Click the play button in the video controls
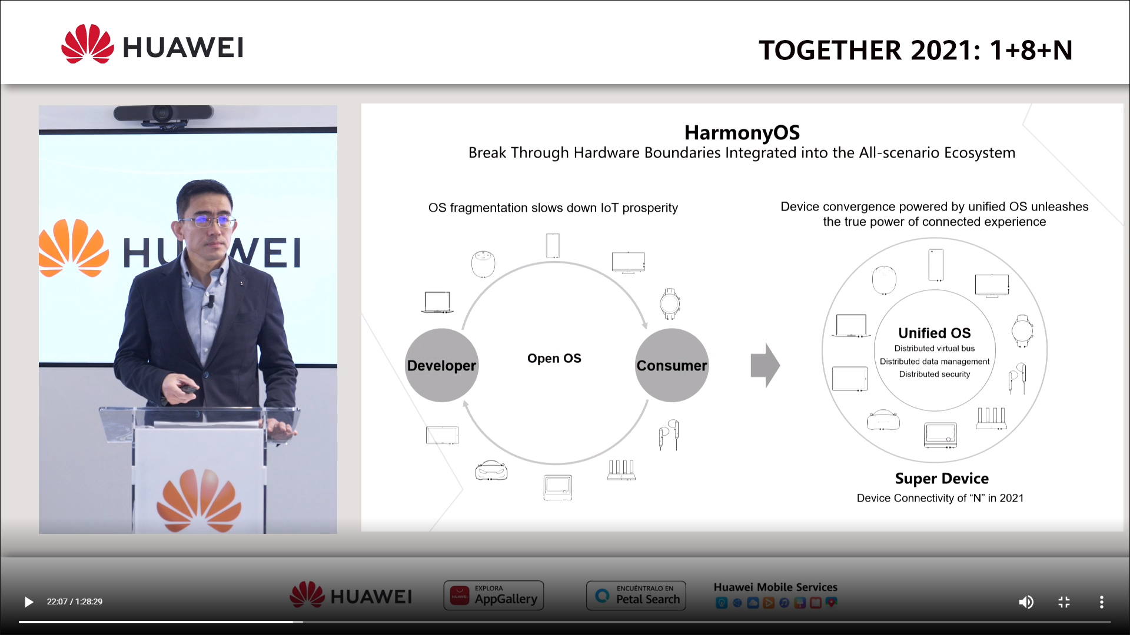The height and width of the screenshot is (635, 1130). pyautogui.click(x=28, y=601)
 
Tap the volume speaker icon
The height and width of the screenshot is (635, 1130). pyautogui.click(x=1026, y=601)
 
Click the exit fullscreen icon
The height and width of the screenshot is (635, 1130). pyautogui.click(x=1064, y=601)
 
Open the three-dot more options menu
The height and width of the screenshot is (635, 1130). pyautogui.click(x=1102, y=601)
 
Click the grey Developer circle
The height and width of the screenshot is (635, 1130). pyautogui.click(x=441, y=365)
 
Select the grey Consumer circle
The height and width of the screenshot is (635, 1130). pyautogui.click(x=672, y=365)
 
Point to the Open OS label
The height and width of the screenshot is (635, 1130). pyautogui.click(x=554, y=358)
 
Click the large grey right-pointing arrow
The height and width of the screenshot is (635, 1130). pyautogui.click(x=765, y=365)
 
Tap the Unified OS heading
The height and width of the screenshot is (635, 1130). pyautogui.click(x=935, y=333)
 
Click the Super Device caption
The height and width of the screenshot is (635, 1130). pyautogui.click(x=942, y=479)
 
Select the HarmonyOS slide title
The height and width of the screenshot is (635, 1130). pyautogui.click(x=742, y=132)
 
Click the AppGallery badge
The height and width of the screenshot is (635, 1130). pyautogui.click(x=494, y=596)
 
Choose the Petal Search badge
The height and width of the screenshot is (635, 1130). pyautogui.click(x=636, y=596)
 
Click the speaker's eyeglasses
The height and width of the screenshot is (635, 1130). pyautogui.click(x=208, y=221)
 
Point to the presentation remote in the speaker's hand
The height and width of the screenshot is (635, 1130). pyautogui.click(x=189, y=389)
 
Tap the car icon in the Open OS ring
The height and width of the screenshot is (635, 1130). pyautogui.click(x=491, y=470)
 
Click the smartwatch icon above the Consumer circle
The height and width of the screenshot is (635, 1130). pyautogui.click(x=670, y=304)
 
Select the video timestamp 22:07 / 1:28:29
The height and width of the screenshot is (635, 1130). pyautogui.click(x=75, y=601)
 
